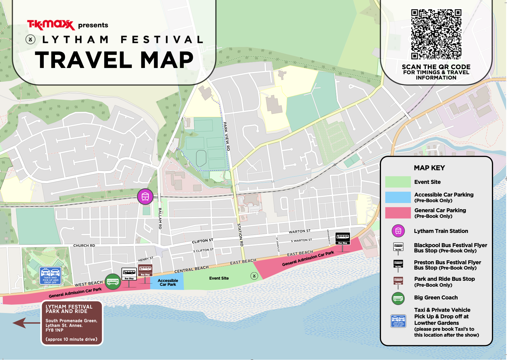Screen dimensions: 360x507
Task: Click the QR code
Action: [x=436, y=34]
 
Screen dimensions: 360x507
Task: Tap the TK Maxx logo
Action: [x=51, y=25]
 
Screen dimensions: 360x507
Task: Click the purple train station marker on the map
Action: [x=145, y=197]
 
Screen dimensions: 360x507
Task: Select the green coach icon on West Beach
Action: [x=113, y=281]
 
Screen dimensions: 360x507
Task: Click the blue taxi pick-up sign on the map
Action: [x=51, y=276]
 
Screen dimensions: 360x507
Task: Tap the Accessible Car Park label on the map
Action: [x=168, y=283]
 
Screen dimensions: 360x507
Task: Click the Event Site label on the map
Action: [x=219, y=278]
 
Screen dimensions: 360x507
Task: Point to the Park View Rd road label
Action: [x=226, y=136]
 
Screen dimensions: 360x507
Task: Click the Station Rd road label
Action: [x=240, y=235]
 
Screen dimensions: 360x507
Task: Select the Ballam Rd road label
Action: [x=160, y=218]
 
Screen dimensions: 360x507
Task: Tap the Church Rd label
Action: [x=84, y=246]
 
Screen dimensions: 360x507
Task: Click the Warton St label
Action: [x=299, y=231]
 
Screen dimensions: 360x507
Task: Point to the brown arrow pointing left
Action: [x=26, y=323]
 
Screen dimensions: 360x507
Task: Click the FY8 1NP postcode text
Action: [x=54, y=330]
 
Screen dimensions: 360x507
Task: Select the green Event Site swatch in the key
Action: [x=398, y=182]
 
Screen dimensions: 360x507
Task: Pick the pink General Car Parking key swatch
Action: [x=398, y=213]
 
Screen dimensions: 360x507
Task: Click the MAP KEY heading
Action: [x=429, y=168]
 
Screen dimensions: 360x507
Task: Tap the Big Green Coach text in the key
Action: [x=436, y=298]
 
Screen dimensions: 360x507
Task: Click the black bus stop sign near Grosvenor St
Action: [x=343, y=238]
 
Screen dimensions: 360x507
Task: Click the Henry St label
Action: [x=146, y=259]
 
